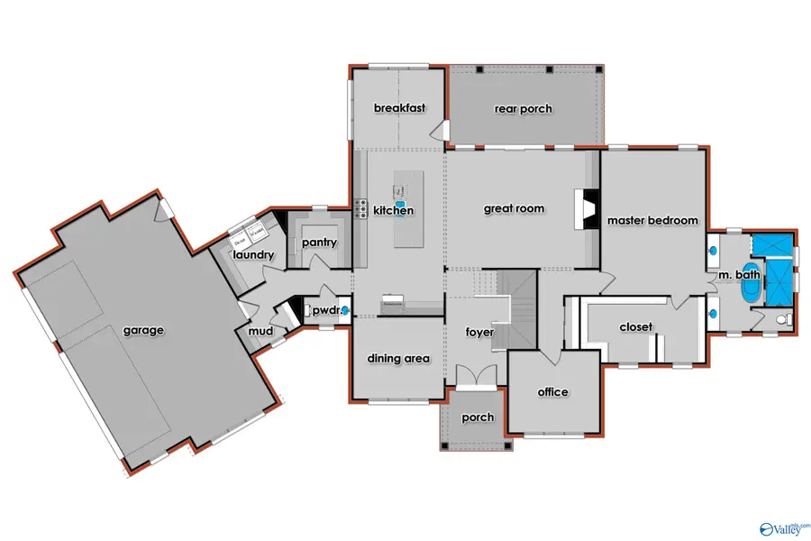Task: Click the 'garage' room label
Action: click(x=143, y=330)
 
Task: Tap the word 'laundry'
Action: click(x=253, y=255)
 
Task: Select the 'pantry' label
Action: click(x=320, y=243)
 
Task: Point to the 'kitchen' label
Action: click(x=394, y=211)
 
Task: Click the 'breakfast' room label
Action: click(x=399, y=108)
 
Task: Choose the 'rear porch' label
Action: click(x=523, y=109)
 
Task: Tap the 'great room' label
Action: click(x=514, y=208)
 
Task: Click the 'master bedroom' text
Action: click(x=652, y=220)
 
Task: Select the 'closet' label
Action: click(x=635, y=326)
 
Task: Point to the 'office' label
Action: click(x=552, y=391)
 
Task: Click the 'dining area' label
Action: click(x=397, y=358)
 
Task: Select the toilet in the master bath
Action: click(x=781, y=318)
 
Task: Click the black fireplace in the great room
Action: click(x=584, y=209)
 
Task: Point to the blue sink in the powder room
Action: click(x=344, y=312)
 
